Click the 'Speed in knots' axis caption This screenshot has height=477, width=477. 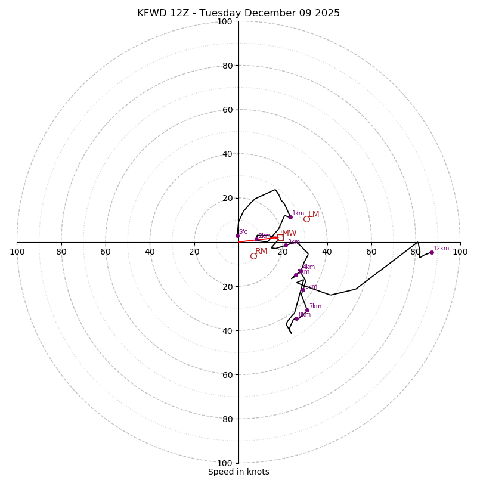coord(238,472)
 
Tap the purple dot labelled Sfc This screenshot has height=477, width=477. coord(237,236)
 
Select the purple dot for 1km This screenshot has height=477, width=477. coord(290,217)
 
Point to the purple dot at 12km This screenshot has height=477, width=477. coord(432,252)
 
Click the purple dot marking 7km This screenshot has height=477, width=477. coord(307,311)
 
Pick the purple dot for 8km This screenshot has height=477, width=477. coord(296,318)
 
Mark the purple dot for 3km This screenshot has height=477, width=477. coord(286,245)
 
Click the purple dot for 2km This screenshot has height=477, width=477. coord(257,239)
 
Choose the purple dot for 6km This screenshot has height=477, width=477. coord(303,290)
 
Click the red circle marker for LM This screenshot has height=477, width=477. coord(306,219)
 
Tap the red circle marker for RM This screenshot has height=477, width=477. coord(253,256)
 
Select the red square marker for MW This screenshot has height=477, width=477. coord(280,237)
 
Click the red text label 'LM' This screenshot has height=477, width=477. coord(314,215)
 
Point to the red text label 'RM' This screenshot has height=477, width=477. coord(261,252)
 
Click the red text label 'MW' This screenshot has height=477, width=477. coord(289,233)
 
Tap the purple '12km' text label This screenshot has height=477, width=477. coord(441,249)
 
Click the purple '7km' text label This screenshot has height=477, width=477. coord(315,306)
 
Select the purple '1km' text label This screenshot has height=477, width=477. coord(298,213)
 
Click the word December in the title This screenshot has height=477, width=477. coord(267,13)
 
